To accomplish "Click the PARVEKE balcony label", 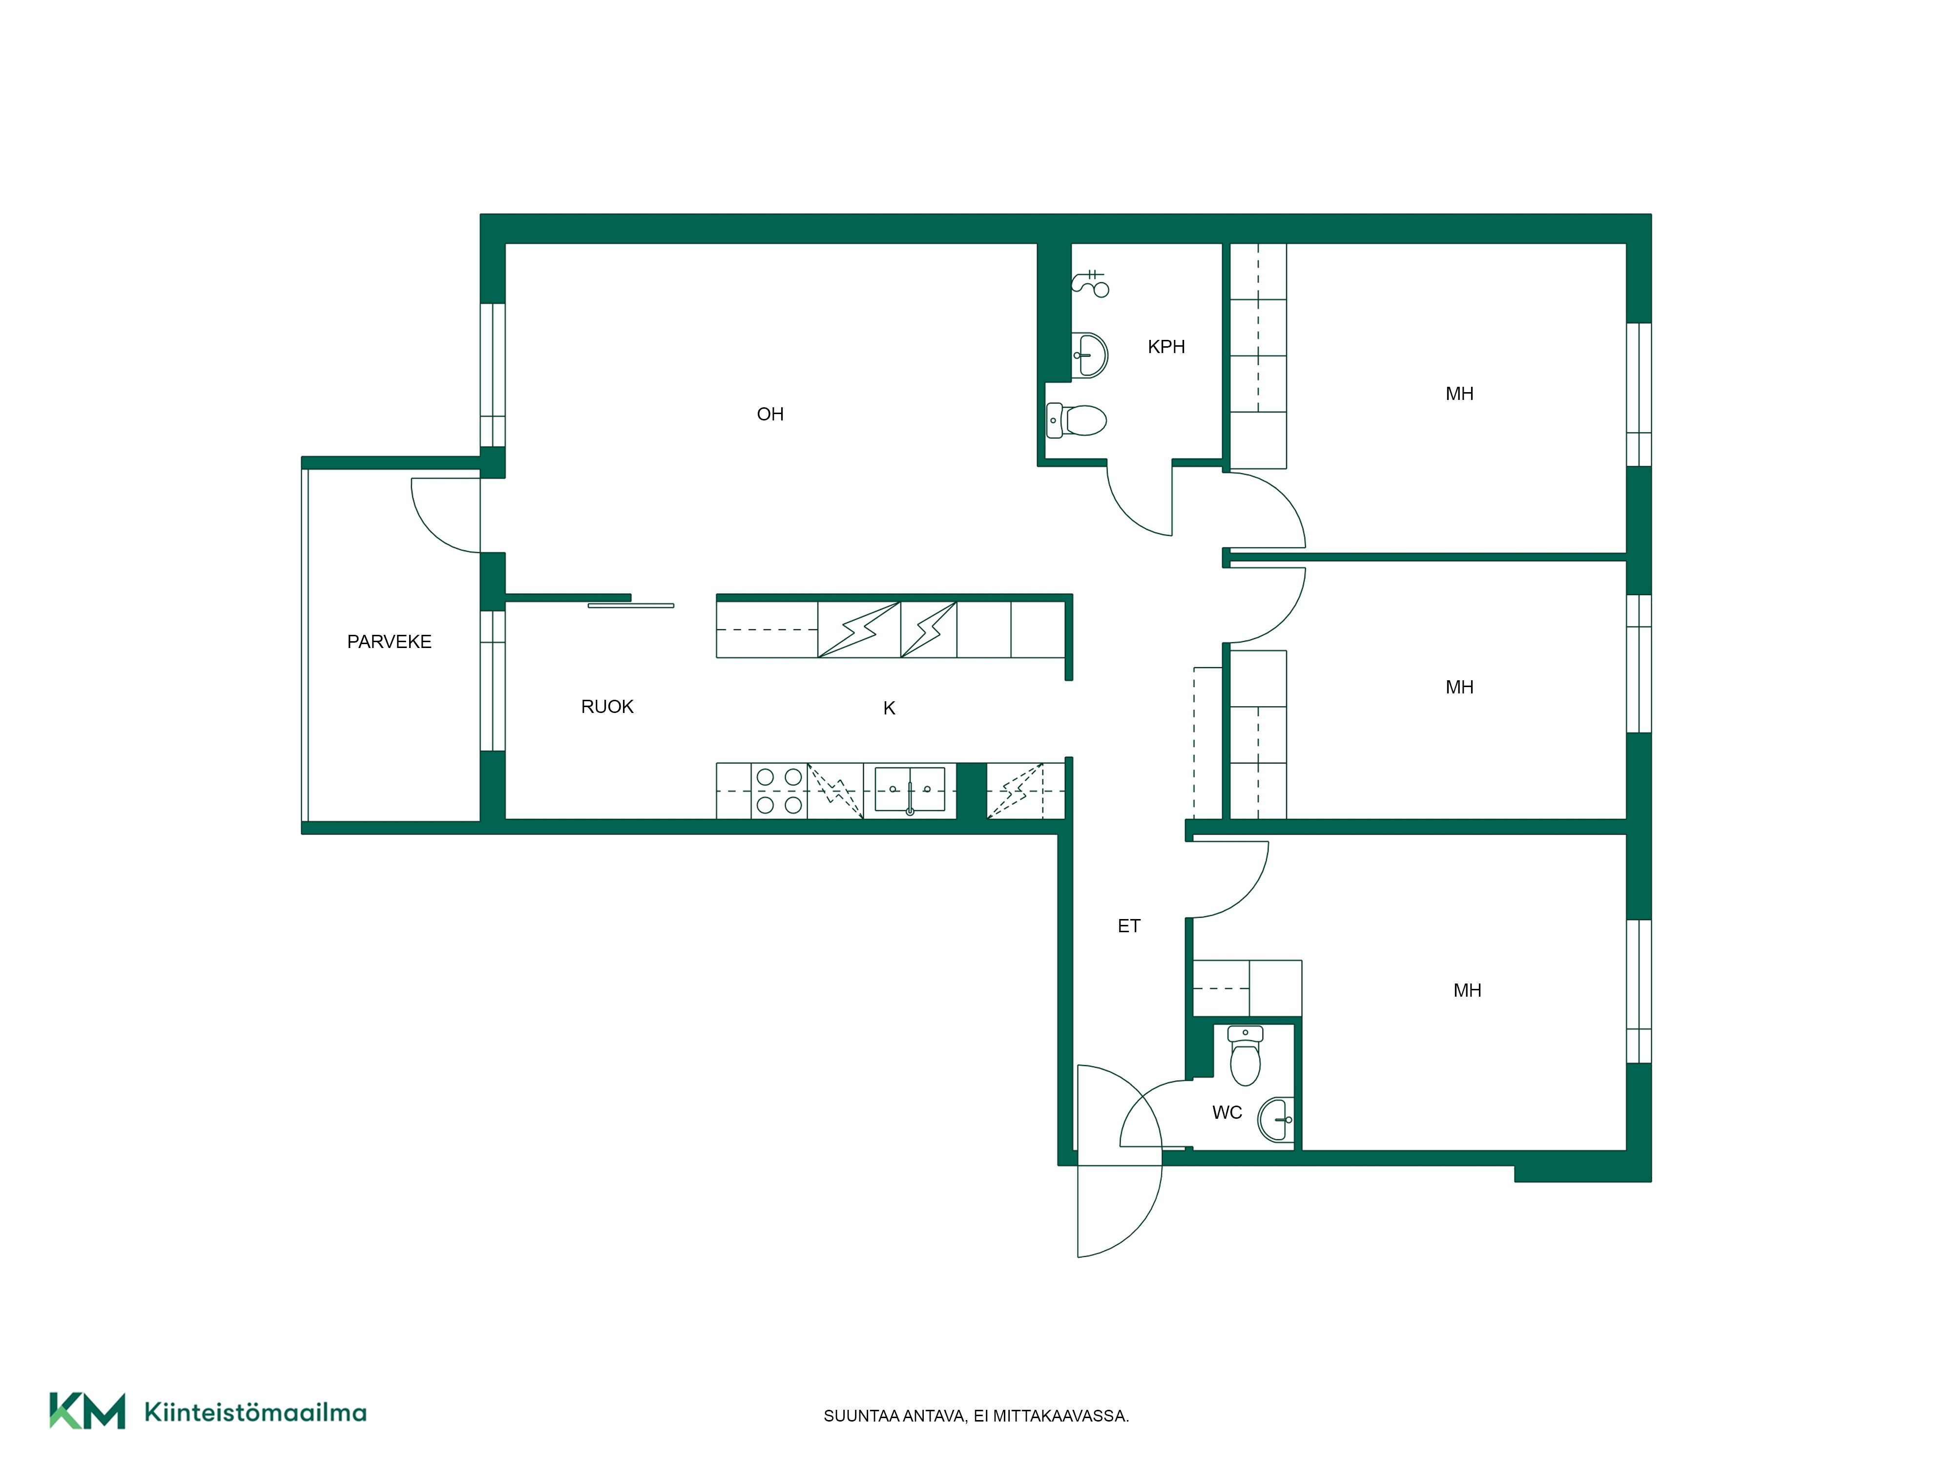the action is point(389,642).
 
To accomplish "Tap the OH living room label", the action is point(770,414).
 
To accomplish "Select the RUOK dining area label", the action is point(607,707).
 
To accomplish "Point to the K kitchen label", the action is point(889,708).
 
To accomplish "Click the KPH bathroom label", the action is point(1166,347).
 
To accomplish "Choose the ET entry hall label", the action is point(1129,926).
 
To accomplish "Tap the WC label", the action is point(1227,1112).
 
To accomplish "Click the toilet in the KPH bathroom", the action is point(1076,420).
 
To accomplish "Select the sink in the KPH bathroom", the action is point(1089,355).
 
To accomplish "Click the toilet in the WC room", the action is point(1245,1055).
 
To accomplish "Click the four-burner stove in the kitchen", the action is point(779,791).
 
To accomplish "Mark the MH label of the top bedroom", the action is point(1459,394).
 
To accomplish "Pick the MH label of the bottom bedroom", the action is point(1467,991).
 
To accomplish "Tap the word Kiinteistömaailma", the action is point(255,1412).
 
